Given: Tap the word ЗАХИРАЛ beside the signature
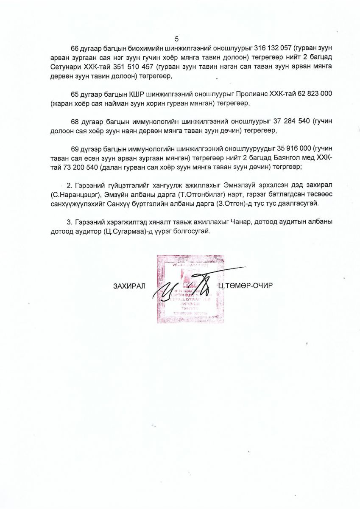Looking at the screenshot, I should pyautogui.click(x=129, y=285).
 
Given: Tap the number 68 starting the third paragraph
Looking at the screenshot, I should pyautogui.click(x=75, y=121).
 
